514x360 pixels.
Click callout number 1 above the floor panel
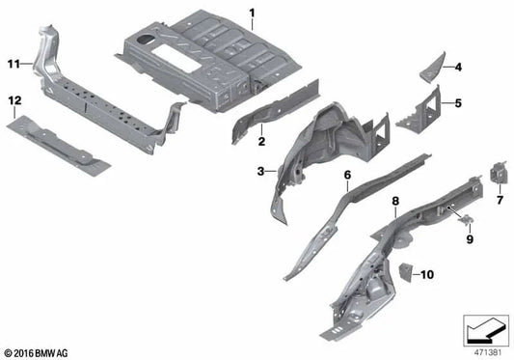[253, 13]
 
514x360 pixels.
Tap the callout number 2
[259, 142]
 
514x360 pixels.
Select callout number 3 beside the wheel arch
[259, 171]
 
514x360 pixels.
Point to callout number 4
[459, 67]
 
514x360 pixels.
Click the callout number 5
[459, 101]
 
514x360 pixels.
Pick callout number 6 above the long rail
[345, 175]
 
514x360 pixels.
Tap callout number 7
[500, 201]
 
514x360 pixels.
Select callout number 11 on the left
[14, 64]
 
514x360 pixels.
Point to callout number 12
[14, 100]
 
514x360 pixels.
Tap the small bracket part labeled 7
[500, 174]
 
